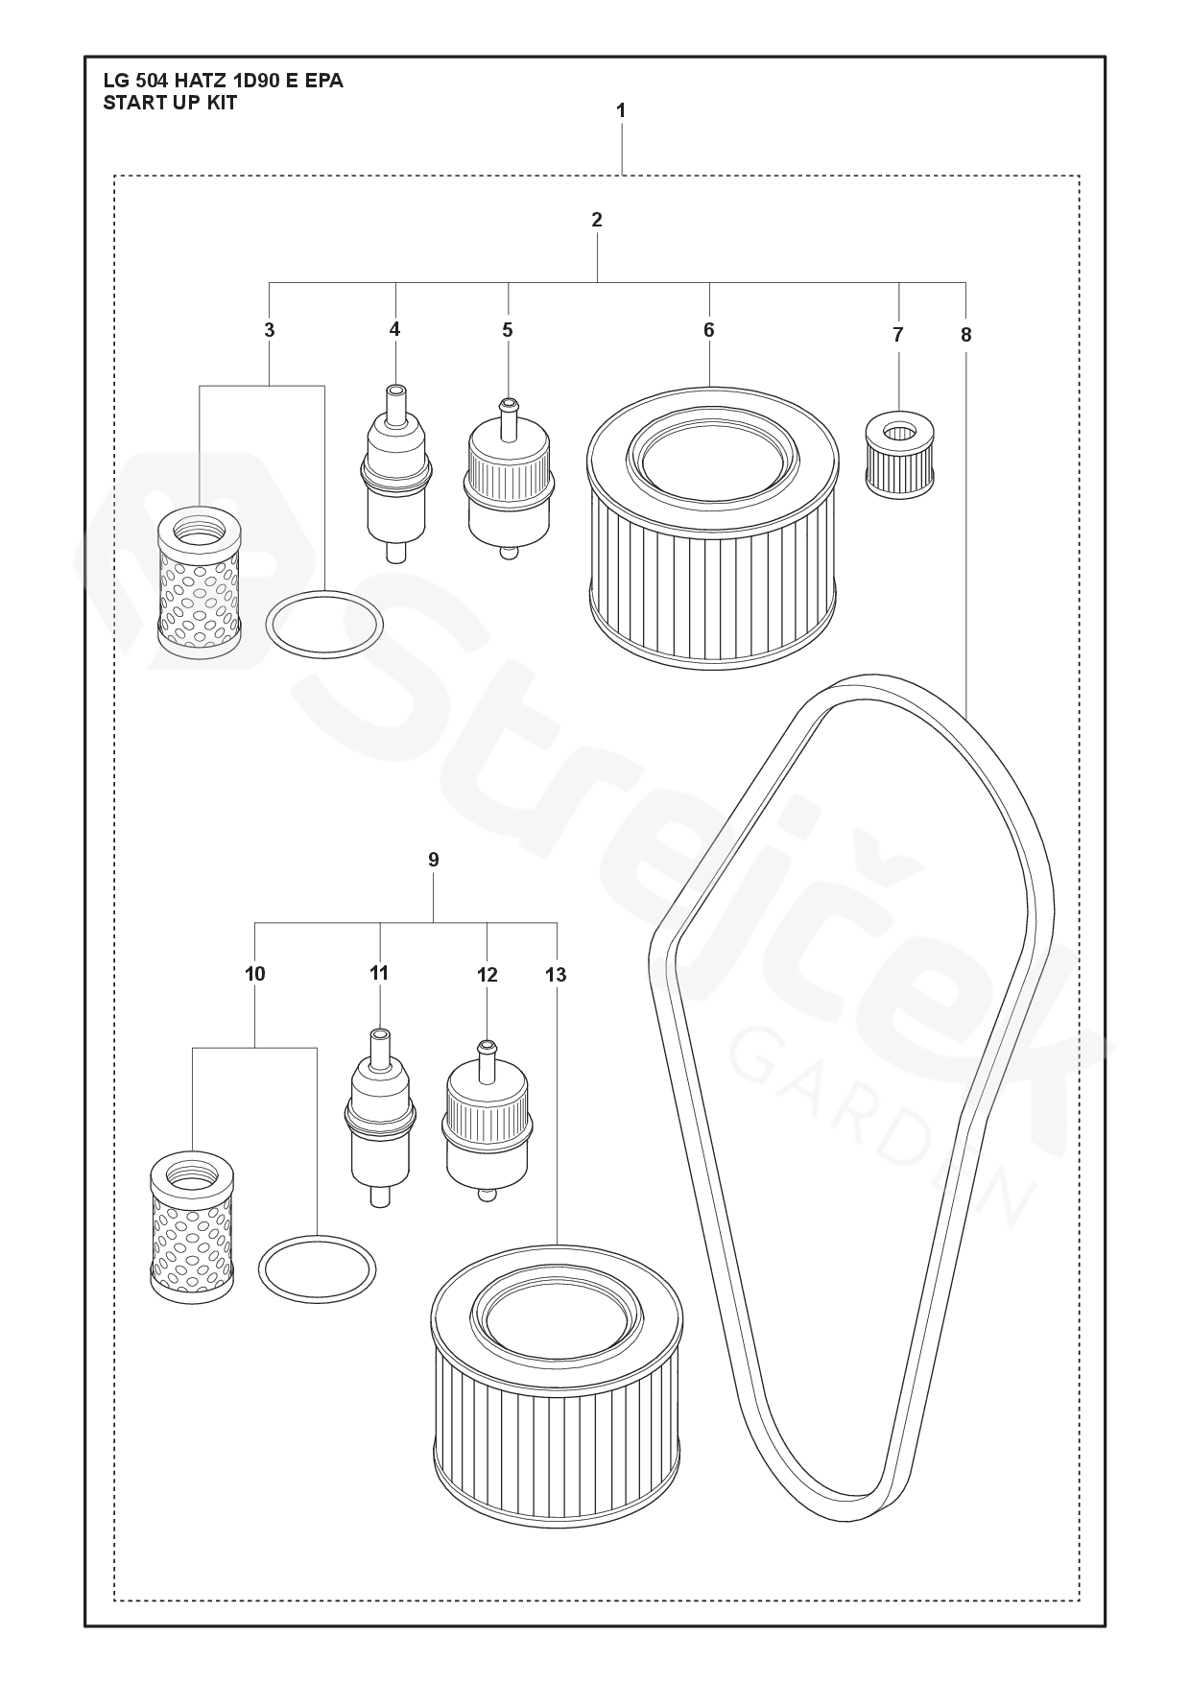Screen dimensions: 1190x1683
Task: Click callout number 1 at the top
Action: (621, 110)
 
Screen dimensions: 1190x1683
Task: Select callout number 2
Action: (597, 220)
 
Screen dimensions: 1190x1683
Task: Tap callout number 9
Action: (434, 860)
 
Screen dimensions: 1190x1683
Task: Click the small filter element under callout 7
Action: (900, 455)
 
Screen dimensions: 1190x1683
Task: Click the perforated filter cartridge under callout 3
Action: (200, 581)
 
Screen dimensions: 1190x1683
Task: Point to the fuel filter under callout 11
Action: (380, 1118)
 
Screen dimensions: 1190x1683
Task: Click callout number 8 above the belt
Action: (965, 335)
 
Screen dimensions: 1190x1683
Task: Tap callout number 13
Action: (556, 975)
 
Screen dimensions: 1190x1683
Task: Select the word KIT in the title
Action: (222, 103)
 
